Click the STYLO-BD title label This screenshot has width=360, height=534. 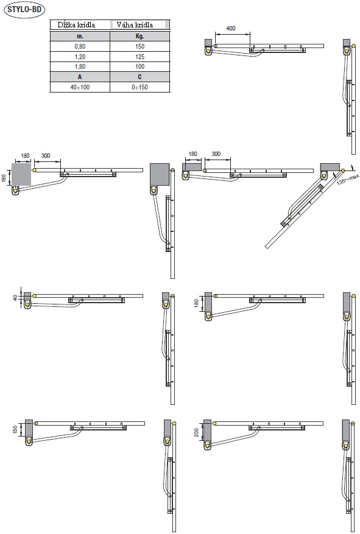[x=24, y=9]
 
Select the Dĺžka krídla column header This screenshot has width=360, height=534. [x=76, y=25]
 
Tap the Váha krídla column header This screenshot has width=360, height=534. [x=135, y=25]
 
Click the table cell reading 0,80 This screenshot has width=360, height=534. [x=80, y=46]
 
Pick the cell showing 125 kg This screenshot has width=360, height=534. [x=139, y=57]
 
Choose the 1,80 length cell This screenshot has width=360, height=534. [x=80, y=66]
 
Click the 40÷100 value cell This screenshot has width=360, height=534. [x=80, y=87]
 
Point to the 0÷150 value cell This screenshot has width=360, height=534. [x=139, y=87]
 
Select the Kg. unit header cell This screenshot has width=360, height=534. [x=139, y=36]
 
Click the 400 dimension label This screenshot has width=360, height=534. [x=231, y=28]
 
